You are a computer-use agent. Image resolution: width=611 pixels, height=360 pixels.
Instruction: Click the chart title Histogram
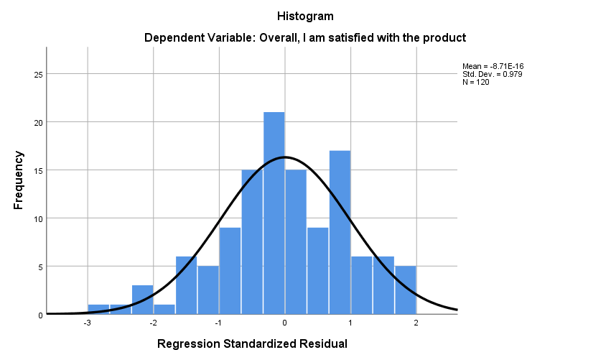tap(305, 16)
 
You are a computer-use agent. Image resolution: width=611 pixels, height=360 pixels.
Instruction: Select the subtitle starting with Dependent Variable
tap(305, 37)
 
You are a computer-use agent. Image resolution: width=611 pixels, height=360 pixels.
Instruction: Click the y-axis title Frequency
tap(19, 180)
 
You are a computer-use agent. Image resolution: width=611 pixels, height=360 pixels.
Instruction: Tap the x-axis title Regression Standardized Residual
tap(252, 343)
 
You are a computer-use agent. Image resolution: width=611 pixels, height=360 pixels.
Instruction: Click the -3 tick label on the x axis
tap(87, 323)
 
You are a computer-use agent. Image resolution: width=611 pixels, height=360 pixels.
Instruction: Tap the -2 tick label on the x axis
tap(153, 323)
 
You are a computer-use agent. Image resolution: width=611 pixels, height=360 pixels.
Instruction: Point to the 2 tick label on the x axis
tap(416, 323)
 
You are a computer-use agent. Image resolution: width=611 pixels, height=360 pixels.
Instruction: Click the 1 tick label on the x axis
tap(350, 323)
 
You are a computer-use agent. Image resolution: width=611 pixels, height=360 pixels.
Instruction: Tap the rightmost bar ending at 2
tap(405, 290)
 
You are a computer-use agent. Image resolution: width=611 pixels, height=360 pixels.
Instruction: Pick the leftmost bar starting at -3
tap(98, 310)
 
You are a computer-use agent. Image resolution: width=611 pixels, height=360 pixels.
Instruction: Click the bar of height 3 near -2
tap(142, 300)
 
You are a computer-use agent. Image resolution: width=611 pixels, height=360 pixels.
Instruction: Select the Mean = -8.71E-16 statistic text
tap(498, 66)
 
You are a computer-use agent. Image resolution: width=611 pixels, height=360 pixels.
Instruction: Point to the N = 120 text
tap(476, 82)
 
